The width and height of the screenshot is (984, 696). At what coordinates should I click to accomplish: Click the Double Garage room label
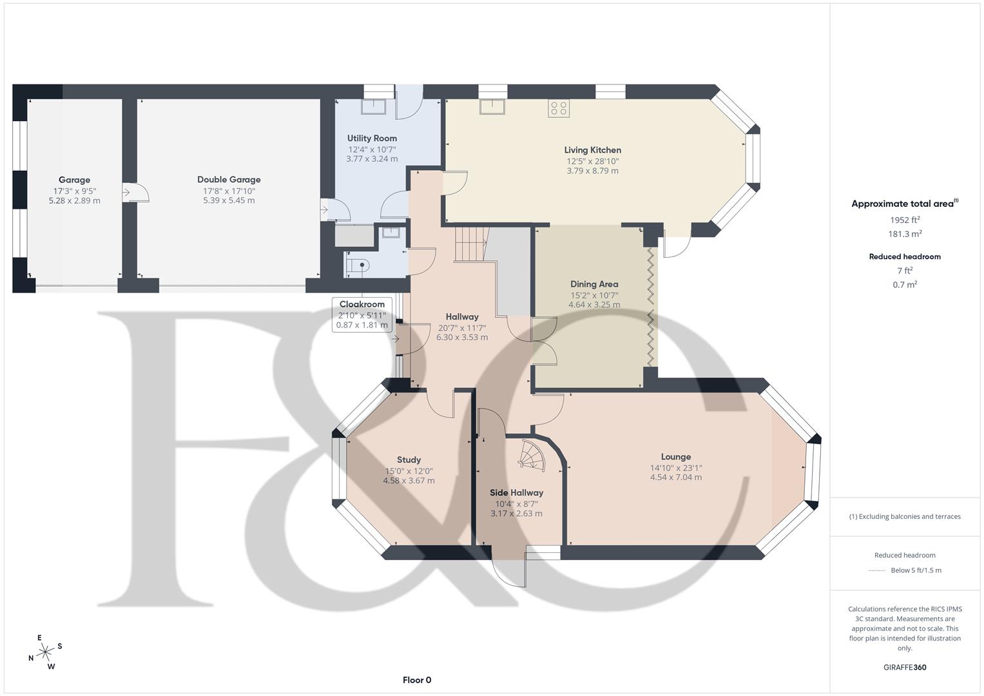point(229,180)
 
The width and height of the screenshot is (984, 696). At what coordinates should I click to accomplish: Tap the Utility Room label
point(372,139)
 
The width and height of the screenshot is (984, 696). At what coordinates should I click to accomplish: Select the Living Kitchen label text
point(592,150)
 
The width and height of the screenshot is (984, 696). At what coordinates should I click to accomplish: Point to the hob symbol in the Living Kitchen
point(559,108)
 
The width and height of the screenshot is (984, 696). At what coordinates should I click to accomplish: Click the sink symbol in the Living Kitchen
point(492,106)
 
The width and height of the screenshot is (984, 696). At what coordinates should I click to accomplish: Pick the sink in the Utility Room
point(374,106)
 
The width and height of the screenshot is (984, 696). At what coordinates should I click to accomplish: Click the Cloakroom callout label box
point(362,314)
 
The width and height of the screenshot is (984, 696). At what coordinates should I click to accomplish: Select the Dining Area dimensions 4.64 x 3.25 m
point(593,305)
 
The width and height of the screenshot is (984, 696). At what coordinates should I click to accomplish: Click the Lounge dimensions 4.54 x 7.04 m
point(675,478)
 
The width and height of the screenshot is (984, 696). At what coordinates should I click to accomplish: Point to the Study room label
point(409,460)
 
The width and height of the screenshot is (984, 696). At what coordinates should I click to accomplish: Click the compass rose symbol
point(45,652)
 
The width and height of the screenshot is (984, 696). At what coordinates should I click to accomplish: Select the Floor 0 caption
point(416,680)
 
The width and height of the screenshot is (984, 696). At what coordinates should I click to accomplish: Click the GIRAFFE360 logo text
point(904,668)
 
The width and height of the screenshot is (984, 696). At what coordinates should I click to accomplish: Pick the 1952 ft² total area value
point(904,220)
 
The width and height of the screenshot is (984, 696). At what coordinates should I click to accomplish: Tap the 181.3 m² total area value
point(904,235)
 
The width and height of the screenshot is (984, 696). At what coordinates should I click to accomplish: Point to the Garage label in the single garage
point(74,180)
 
